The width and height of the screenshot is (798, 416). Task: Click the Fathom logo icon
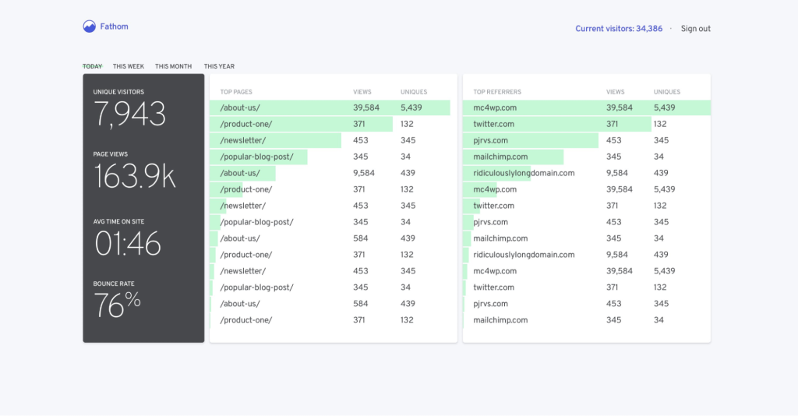(x=90, y=26)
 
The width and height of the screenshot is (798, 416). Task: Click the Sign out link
(x=695, y=29)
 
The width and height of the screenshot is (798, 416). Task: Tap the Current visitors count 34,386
(x=649, y=29)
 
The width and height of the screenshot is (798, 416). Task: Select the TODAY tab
(x=92, y=66)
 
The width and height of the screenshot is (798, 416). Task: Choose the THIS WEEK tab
(x=129, y=66)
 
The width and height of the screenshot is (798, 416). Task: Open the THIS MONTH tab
(x=173, y=66)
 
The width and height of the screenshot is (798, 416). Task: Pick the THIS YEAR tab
(x=219, y=66)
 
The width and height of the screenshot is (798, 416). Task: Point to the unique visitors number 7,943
(x=130, y=115)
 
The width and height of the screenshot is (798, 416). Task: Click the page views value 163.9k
(x=135, y=177)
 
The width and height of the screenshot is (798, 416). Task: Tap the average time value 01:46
(x=128, y=244)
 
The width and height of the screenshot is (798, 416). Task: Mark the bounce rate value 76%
(x=118, y=305)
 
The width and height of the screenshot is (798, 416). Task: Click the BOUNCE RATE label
(x=114, y=284)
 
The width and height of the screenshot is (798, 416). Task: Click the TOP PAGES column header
(x=236, y=92)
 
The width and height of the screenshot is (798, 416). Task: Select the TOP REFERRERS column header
(x=497, y=92)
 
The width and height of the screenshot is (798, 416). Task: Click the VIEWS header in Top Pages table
(x=362, y=92)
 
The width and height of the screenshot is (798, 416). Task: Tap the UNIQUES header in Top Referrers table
(x=667, y=92)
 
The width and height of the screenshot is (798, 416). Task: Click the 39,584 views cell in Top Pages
(x=366, y=108)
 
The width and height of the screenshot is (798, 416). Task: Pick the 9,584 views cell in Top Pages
(x=364, y=173)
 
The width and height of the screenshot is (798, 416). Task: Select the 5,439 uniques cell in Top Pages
(x=411, y=108)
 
